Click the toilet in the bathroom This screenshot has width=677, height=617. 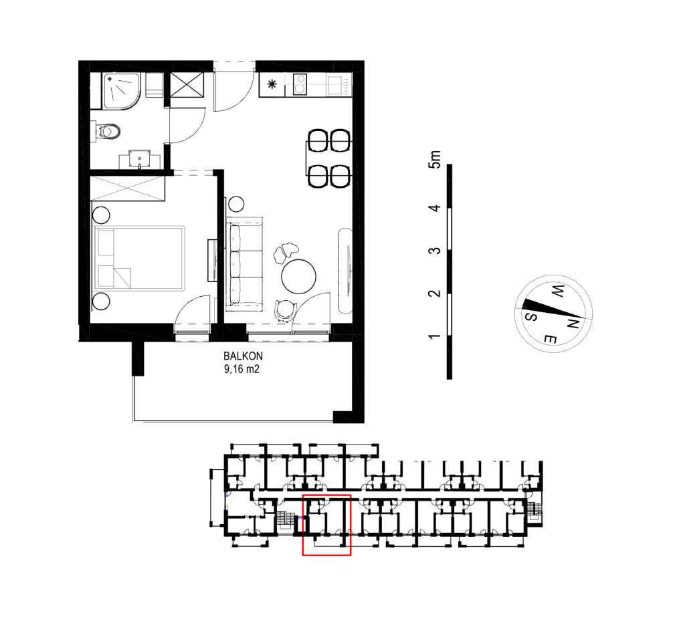click(106, 131)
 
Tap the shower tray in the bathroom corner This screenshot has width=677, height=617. click(122, 91)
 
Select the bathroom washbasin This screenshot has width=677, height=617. click(140, 159)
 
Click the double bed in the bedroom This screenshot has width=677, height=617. click(139, 257)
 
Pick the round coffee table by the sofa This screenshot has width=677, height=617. click(298, 277)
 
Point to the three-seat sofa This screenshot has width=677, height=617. click(244, 263)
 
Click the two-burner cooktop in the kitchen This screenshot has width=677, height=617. click(300, 84)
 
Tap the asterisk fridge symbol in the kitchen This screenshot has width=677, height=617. click(272, 84)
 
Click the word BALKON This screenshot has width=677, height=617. click(243, 356)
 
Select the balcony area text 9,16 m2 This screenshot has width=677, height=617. click(241, 369)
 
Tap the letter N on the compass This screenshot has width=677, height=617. click(573, 323)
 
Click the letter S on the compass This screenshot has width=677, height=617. click(530, 317)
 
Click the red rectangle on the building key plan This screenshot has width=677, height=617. click(326, 525)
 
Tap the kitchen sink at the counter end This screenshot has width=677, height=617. click(334, 85)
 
